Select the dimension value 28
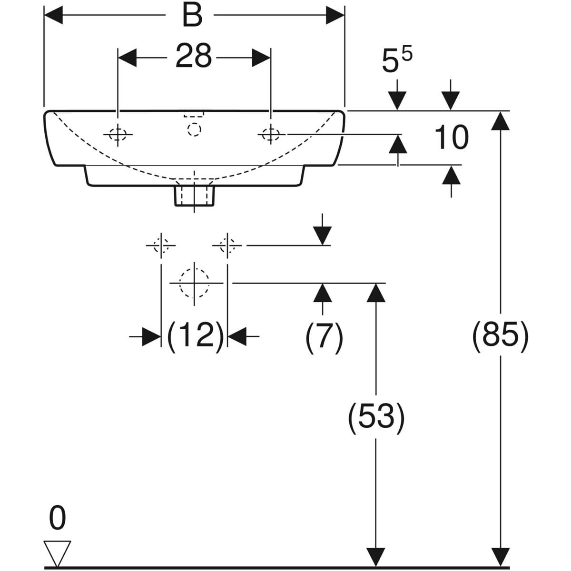(x=194, y=56)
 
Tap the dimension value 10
(x=451, y=138)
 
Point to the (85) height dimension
(x=500, y=336)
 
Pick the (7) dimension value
(x=324, y=337)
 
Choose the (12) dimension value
(x=195, y=335)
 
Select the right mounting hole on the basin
(x=271, y=135)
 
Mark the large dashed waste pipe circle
(x=194, y=283)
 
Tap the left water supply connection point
(x=162, y=246)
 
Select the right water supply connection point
(x=228, y=246)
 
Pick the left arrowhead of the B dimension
(x=53, y=16)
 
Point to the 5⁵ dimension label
(x=396, y=61)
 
